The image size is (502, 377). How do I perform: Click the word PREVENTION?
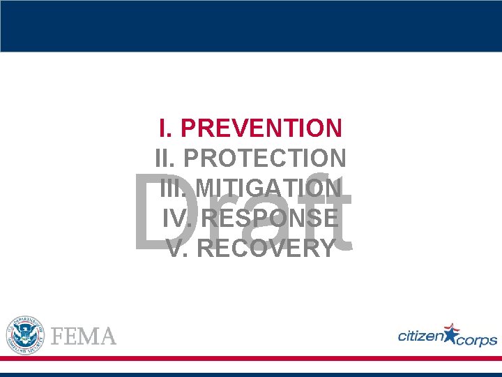(261, 128)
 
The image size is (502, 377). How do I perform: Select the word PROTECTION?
(265, 158)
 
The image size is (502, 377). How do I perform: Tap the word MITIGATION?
(268, 188)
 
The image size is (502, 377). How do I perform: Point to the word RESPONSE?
(269, 219)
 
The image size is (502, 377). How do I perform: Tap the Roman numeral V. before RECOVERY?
(176, 249)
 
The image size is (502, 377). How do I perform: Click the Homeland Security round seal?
(25, 334)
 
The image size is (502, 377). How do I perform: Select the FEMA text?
(84, 337)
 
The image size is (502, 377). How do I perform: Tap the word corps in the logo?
(478, 340)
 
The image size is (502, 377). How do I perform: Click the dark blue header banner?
(251, 26)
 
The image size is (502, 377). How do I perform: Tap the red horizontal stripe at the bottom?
(251, 358)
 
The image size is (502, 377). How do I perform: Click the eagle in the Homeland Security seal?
(25, 334)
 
